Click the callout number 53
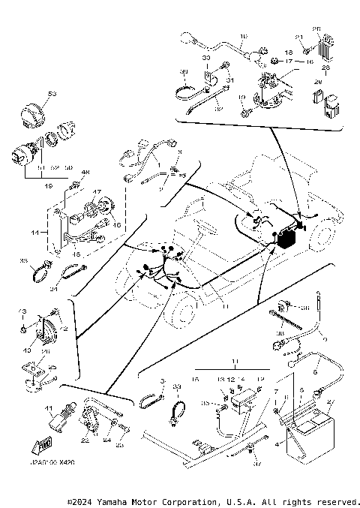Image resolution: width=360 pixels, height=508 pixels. (52, 94)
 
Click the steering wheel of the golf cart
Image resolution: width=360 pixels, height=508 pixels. (199, 229)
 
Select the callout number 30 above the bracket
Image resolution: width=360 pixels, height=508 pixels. (206, 58)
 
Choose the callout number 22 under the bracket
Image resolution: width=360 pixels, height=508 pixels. (84, 441)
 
